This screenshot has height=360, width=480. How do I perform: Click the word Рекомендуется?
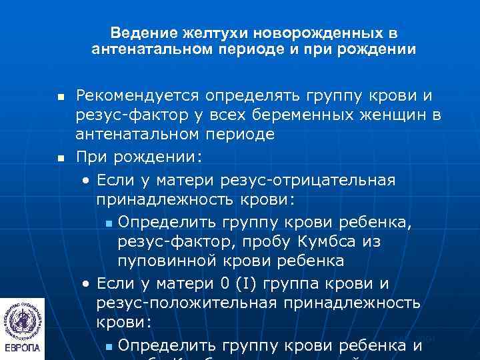[x=139, y=97]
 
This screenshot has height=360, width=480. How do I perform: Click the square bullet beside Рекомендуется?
[x=61, y=98]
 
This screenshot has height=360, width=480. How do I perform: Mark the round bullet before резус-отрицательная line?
[x=86, y=181]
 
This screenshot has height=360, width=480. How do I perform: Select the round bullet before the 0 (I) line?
[x=86, y=285]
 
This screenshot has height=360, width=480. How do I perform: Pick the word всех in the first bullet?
[x=251, y=116]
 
